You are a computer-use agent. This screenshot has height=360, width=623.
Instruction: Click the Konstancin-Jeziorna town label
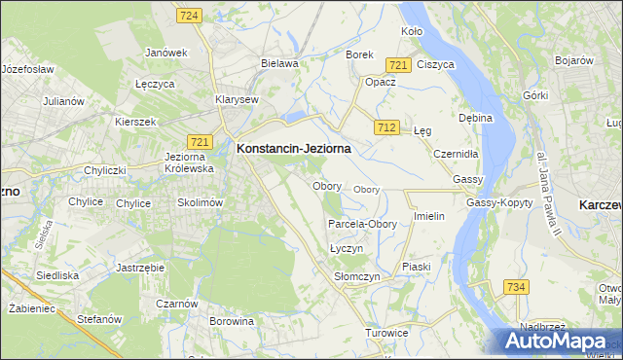293,149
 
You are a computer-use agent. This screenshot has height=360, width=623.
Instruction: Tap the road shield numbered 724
190,16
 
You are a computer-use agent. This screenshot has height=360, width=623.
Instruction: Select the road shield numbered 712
386,127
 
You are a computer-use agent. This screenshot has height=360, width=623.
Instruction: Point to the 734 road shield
517,286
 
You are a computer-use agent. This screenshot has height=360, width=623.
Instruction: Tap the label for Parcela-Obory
361,224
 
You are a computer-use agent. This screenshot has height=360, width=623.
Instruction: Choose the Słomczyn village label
356,277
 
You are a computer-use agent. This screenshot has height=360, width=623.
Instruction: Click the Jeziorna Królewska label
190,162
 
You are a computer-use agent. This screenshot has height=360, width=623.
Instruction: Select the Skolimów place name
201,202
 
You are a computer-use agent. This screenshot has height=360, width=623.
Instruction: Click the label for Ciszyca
435,64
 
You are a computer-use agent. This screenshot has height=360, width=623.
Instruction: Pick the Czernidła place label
456,154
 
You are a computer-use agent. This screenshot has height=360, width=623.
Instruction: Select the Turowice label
385,333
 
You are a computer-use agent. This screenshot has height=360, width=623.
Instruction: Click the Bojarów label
574,60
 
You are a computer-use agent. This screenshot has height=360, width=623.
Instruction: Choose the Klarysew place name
237,99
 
